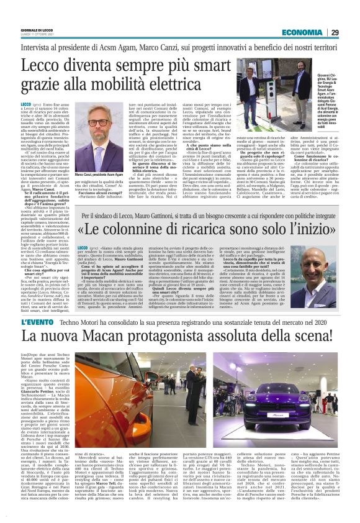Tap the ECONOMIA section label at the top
click(x=302, y=32)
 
